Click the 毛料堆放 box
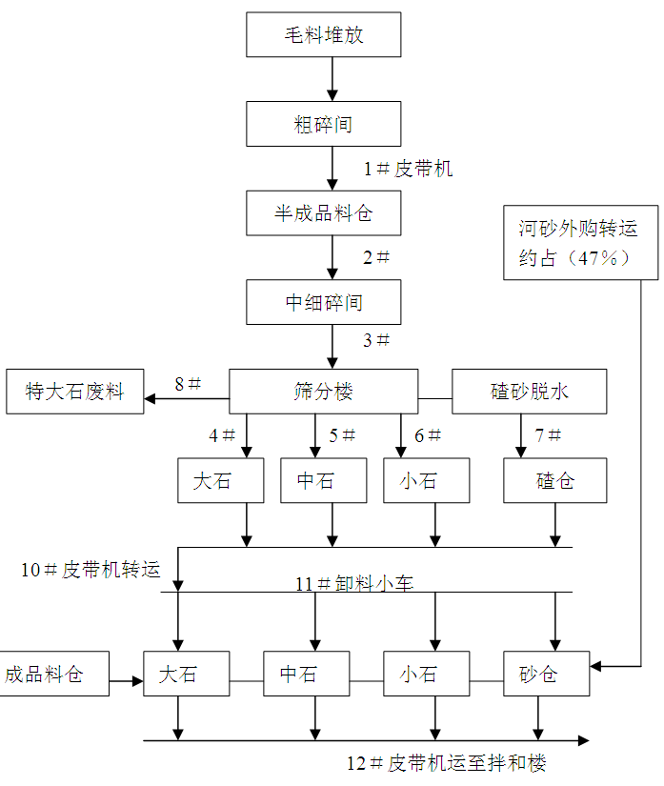[324, 35]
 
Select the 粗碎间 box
[324, 124]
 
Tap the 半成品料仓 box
[324, 213]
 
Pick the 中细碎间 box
[324, 303]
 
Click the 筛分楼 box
[324, 392]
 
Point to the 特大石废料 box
[75, 392]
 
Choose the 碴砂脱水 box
[530, 392]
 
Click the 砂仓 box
[538, 675]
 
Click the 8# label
[188, 384]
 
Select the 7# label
[548, 435]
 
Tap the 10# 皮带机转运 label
[90, 571]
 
